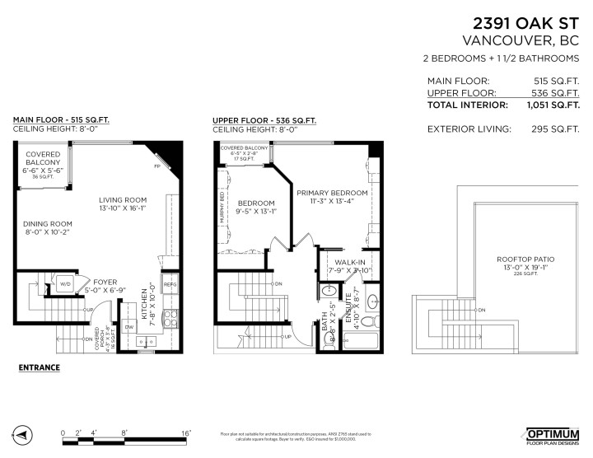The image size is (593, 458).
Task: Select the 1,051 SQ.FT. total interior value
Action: tap(552, 105)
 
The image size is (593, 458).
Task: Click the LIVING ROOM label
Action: tap(123, 199)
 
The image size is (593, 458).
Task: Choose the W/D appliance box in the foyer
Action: tap(65, 286)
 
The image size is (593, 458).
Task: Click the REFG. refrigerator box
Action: tap(170, 285)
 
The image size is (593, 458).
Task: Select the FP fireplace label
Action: tap(157, 166)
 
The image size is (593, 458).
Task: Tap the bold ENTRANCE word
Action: tap(40, 367)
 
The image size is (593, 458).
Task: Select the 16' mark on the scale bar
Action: tap(186, 432)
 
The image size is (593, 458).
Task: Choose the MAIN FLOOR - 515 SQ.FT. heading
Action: tap(61, 119)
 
